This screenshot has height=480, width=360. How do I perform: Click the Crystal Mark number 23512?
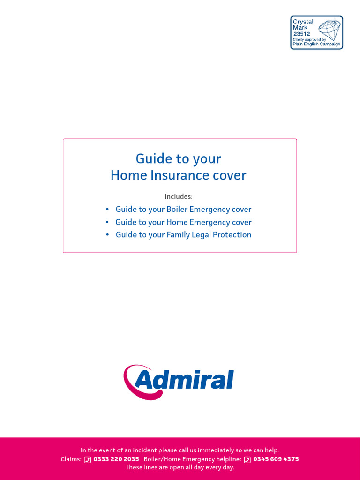point(301,34)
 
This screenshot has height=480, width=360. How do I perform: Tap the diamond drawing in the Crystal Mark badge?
point(330,29)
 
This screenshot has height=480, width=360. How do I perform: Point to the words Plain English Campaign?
point(316,44)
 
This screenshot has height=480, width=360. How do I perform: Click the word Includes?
point(179,196)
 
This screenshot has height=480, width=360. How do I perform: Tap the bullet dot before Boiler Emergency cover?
point(107,210)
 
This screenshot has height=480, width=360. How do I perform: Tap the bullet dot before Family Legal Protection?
point(107,235)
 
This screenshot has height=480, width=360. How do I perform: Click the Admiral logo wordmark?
point(184,380)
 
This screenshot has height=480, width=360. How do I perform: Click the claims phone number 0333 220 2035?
point(116,459)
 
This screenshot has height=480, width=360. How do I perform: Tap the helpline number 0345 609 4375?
point(276,459)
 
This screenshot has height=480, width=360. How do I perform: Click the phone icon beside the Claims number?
point(88,459)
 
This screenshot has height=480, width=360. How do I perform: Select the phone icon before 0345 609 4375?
point(247,459)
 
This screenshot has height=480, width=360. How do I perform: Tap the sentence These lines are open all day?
point(180,467)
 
